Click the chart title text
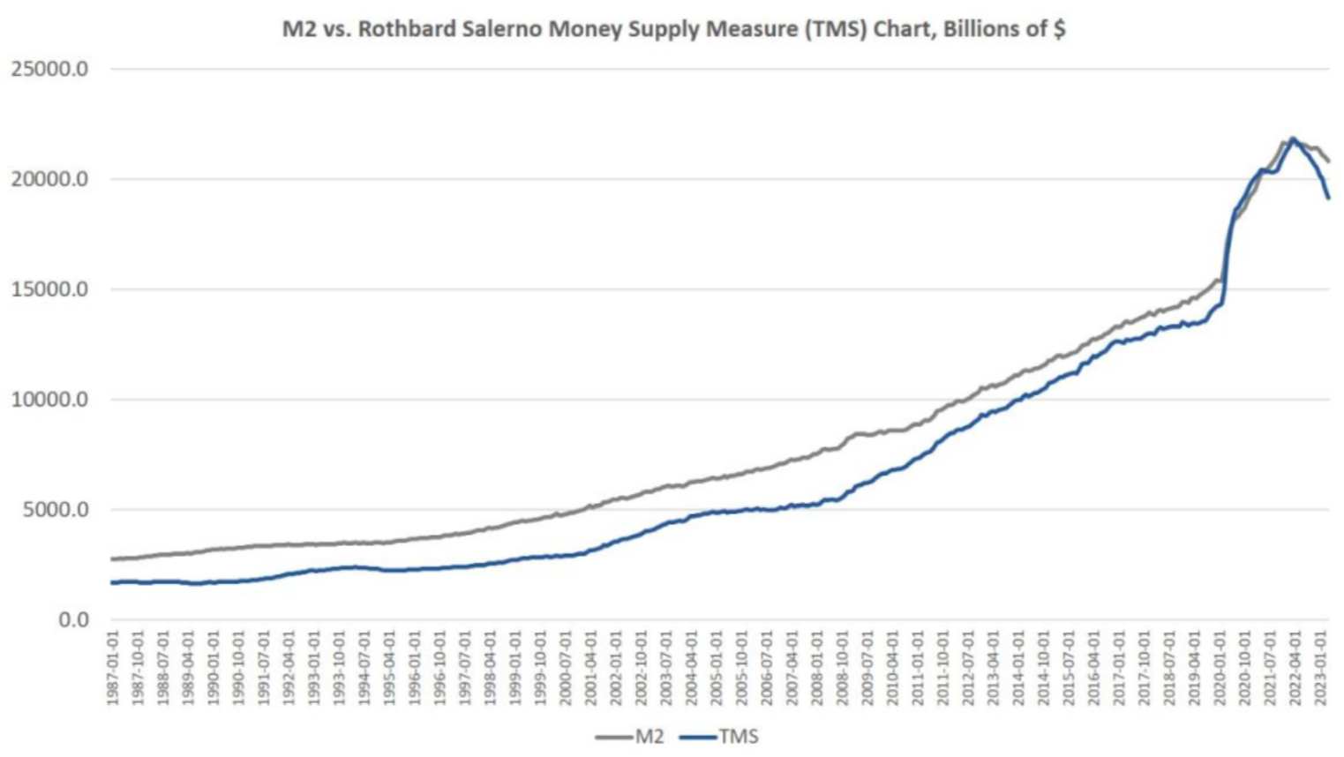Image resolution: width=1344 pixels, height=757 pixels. [673, 29]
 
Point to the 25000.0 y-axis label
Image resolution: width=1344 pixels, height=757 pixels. [49, 69]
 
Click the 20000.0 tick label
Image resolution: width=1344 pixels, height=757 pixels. [49, 179]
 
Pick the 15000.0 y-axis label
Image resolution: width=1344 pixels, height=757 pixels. [49, 289]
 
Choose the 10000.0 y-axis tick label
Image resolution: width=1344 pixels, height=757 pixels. [49, 400]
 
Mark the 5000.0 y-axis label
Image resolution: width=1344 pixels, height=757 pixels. [55, 510]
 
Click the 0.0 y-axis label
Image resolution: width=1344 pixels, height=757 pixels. [73, 620]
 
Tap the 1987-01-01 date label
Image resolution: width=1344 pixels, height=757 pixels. [113, 667]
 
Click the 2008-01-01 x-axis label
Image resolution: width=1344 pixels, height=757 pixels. [817, 667]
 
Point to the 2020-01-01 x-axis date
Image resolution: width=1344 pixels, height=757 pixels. [1220, 667]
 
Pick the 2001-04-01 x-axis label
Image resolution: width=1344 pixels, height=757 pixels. [591, 667]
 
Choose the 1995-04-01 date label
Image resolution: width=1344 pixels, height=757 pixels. [389, 667]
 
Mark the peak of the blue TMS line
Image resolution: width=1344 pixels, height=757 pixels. [1293, 139]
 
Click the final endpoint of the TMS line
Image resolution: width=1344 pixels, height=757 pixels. [1328, 198]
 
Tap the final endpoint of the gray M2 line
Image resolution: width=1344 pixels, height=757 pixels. [1328, 161]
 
